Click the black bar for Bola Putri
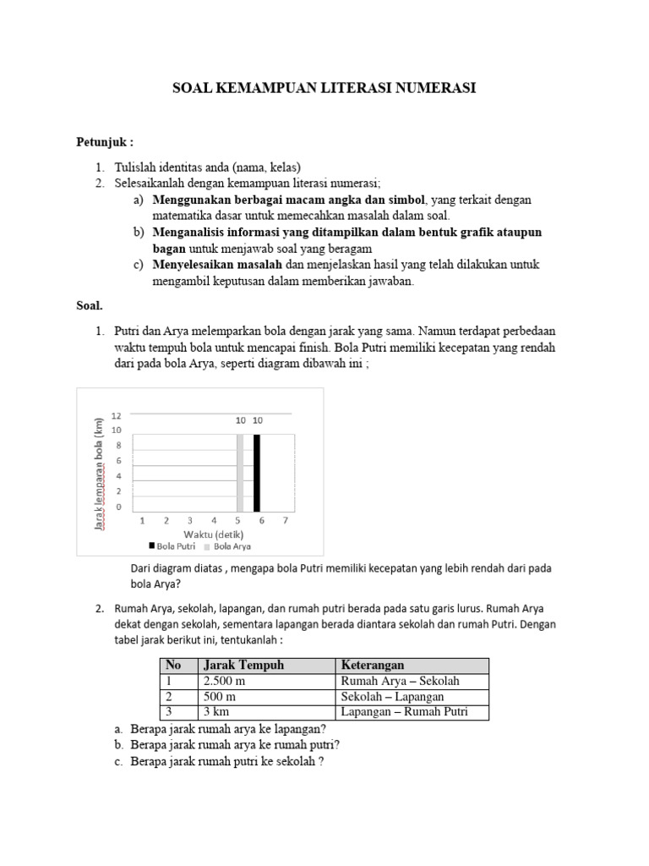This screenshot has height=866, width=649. pos(257,474)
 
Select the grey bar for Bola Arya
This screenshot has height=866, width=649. pos(240,474)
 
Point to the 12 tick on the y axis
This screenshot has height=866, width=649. pos(117,415)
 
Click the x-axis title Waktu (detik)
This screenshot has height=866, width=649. pos(215,534)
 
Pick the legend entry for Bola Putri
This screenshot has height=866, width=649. pos(172,547)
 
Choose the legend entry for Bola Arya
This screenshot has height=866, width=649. pos(221,547)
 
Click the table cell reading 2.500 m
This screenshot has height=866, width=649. pos(224,682)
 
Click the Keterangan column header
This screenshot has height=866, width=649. pos(374,666)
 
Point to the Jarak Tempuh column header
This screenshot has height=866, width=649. pos(244,666)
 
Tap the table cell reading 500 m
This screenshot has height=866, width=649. pos(218,697)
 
